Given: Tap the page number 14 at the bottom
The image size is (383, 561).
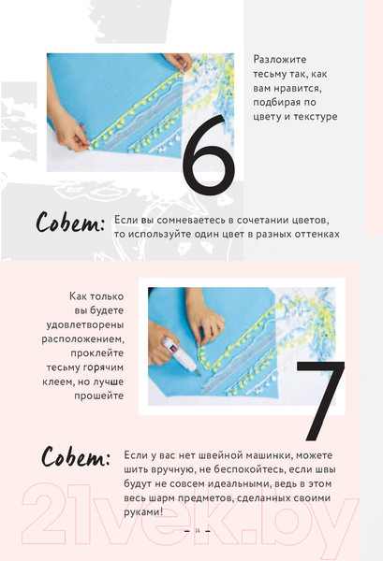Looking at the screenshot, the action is click(x=198, y=530).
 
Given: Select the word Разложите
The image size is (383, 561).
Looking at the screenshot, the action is click(x=280, y=59).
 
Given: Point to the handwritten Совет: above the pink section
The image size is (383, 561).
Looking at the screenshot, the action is click(x=70, y=223).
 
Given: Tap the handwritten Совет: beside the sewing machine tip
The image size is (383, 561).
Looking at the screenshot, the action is click(x=76, y=457).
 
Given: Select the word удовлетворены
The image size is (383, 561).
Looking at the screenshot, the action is click(x=85, y=324).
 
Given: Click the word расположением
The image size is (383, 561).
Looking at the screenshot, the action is click(x=82, y=339).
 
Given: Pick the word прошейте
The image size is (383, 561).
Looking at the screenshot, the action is click(x=99, y=396).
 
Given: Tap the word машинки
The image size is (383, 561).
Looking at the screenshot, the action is click(x=270, y=455).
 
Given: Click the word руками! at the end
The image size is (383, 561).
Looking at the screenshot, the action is click(x=143, y=512).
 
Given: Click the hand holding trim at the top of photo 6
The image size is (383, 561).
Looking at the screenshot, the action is click(x=179, y=62).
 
